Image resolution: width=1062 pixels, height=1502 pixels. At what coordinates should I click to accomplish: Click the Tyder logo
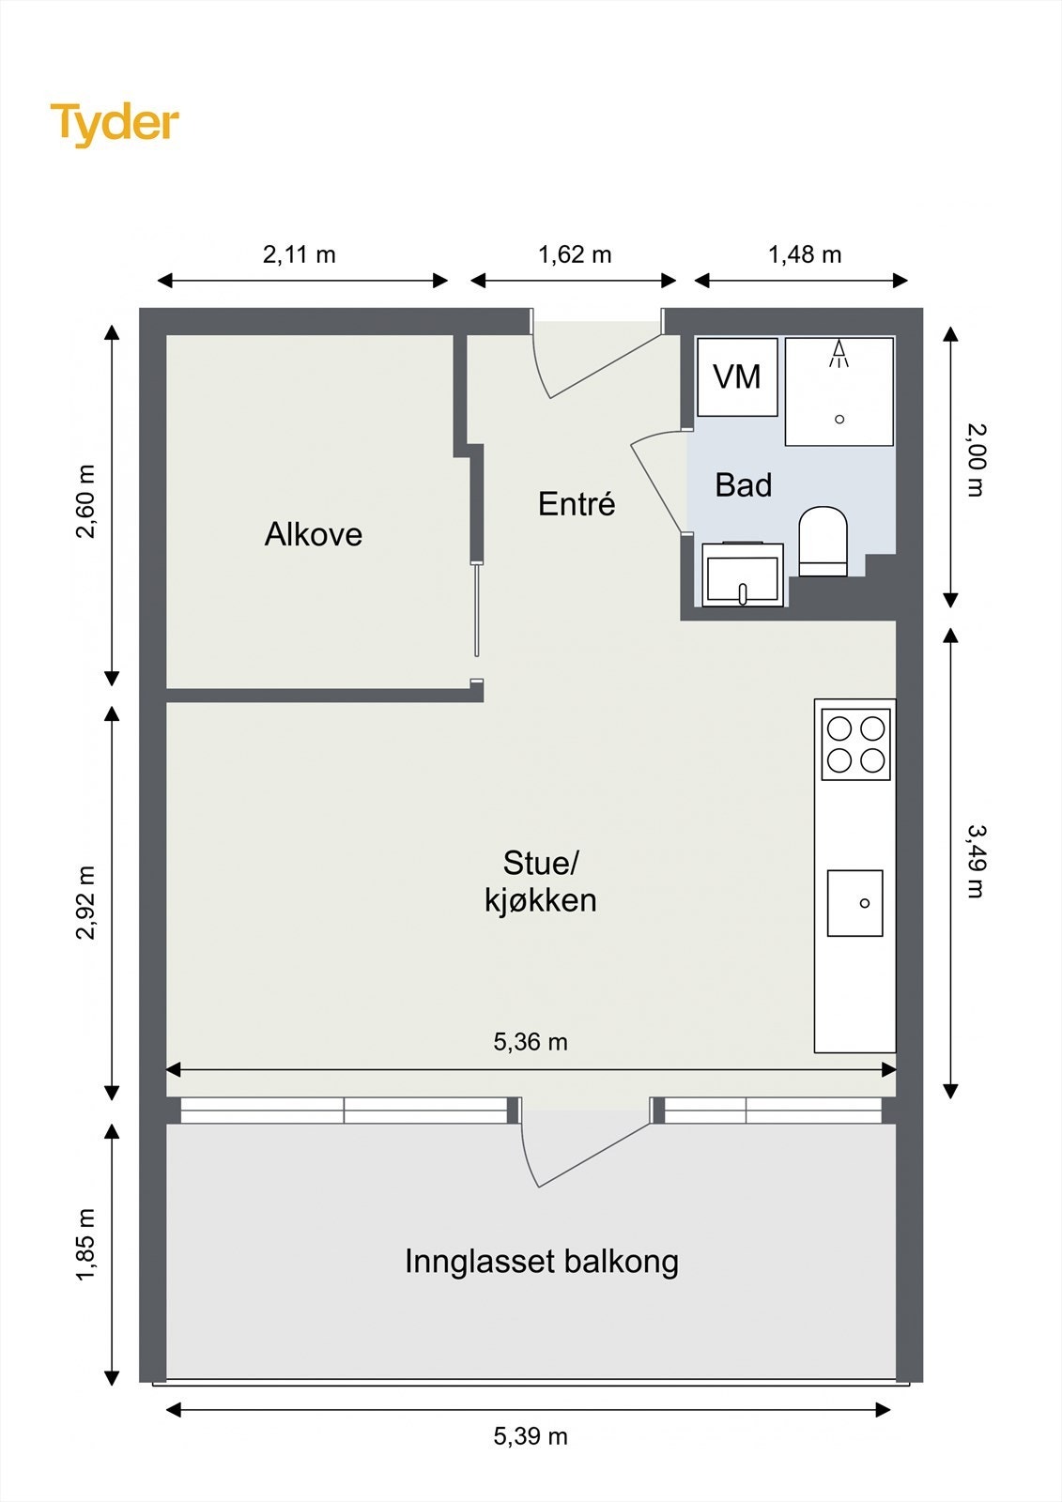point(115,124)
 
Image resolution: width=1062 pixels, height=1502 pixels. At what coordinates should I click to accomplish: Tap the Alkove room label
point(313,534)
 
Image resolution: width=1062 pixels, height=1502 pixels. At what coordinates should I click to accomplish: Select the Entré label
point(577,504)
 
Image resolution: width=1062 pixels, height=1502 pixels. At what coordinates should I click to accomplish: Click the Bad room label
point(743,485)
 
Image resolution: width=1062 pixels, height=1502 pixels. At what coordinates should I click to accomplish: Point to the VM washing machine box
point(737,377)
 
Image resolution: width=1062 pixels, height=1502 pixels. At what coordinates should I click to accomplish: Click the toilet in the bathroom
point(823,542)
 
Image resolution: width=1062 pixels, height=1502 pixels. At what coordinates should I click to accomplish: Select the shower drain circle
point(839,420)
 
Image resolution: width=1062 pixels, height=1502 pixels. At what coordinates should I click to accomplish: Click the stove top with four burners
point(854,744)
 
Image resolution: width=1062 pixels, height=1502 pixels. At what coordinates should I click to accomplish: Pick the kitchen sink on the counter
point(854,903)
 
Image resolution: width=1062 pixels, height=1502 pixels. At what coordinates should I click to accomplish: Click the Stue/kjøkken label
point(540,881)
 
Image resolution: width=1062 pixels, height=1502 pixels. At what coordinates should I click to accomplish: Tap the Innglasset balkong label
point(541,1261)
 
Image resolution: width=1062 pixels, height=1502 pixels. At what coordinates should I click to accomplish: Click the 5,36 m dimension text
point(531,1042)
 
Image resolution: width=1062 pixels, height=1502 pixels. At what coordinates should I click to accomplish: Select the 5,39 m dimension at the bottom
point(531,1436)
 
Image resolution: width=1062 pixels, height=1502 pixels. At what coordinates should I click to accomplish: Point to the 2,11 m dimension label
point(299,254)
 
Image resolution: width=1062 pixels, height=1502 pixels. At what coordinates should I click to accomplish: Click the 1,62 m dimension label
point(574,254)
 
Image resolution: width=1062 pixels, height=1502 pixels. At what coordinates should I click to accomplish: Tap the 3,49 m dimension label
point(977,860)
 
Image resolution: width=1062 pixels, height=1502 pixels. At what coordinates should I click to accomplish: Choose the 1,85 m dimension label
point(86,1244)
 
